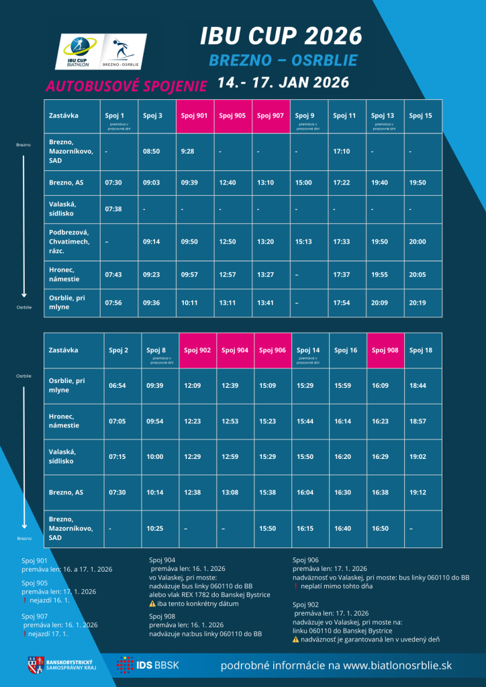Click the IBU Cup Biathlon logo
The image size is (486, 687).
tap(78, 52)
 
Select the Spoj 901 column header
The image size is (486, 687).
tap(194, 115)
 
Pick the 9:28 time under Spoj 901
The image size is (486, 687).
tap(187, 152)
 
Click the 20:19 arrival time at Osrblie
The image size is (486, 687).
tap(418, 303)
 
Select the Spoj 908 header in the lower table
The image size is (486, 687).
tap(385, 350)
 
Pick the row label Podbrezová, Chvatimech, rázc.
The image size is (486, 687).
tap(68, 242)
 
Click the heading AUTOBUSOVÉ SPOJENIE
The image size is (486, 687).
tap(126, 86)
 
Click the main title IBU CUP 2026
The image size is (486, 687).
tap(281, 36)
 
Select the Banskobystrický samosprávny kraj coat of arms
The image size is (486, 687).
tap(34, 665)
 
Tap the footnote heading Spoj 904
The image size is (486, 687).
tap(162, 560)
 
